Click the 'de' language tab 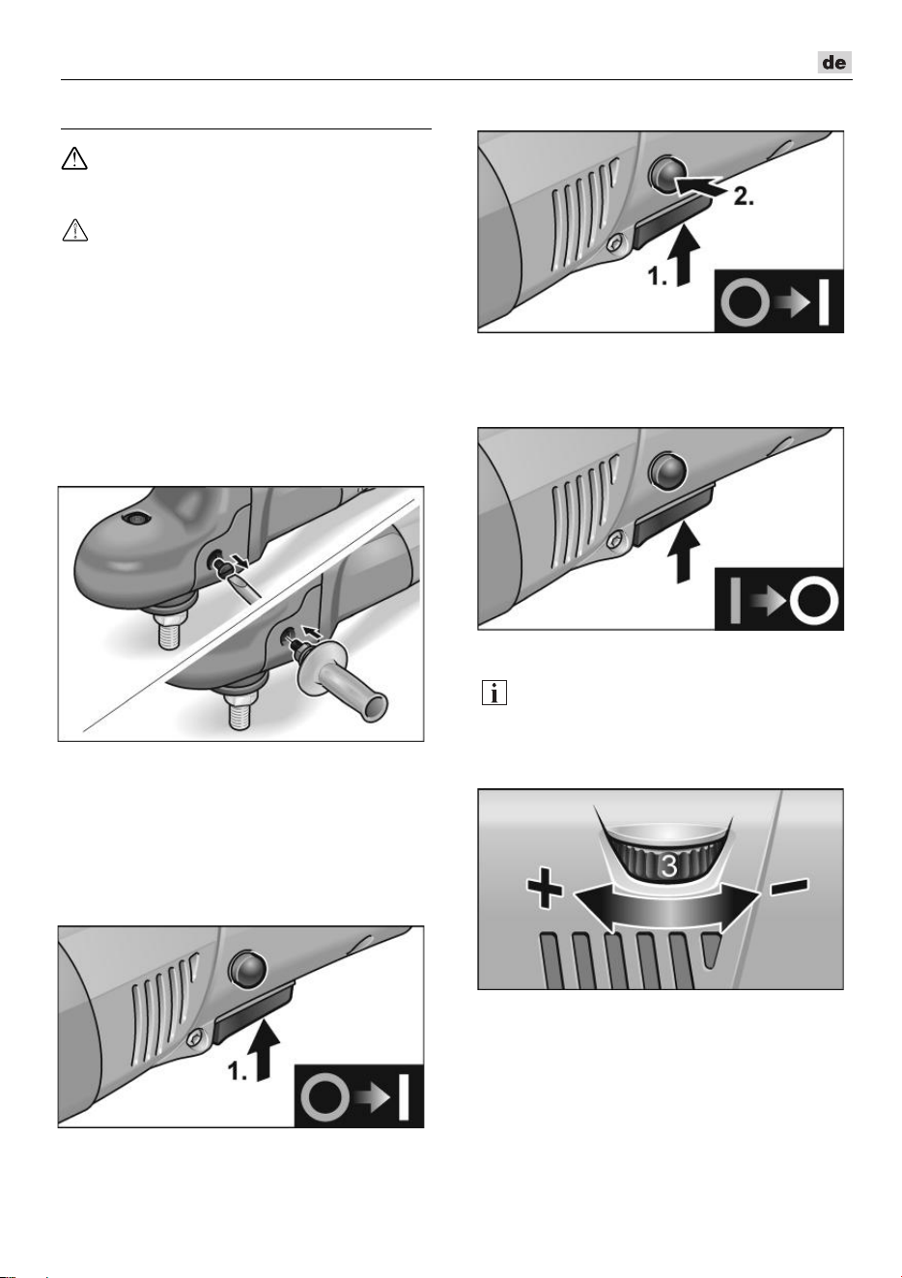click(x=834, y=62)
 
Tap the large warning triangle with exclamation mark click(x=74, y=158)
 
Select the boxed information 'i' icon click(x=494, y=693)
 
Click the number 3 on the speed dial click(x=668, y=866)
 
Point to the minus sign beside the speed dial click(x=790, y=886)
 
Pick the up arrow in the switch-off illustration click(x=684, y=552)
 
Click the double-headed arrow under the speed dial click(x=665, y=905)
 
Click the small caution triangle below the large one click(x=74, y=231)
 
